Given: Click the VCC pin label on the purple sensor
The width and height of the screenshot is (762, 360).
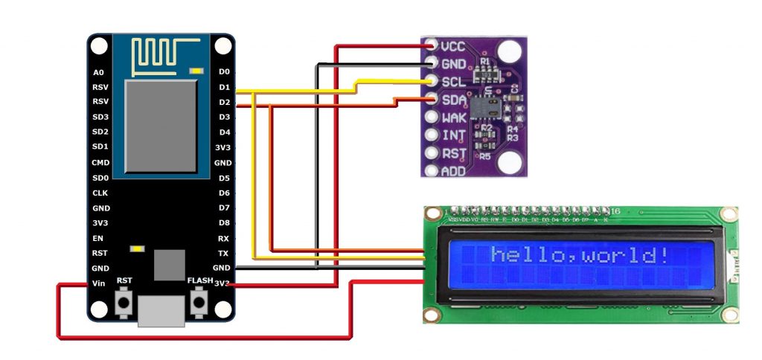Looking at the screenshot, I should [453, 46].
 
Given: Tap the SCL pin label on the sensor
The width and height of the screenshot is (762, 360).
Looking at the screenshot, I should [453, 82].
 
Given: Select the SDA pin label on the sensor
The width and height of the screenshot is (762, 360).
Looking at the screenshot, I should [454, 100].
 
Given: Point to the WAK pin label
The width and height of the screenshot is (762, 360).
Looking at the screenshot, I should [454, 118].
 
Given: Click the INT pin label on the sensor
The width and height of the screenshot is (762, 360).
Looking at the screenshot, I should [453, 135].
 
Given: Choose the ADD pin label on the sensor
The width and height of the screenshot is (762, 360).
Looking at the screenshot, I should [454, 171].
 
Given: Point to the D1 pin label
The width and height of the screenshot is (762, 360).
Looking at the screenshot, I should [224, 87].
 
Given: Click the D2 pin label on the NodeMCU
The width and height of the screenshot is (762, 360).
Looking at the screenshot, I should [224, 102].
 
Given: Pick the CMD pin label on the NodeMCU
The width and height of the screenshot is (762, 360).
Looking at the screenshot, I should [100, 162].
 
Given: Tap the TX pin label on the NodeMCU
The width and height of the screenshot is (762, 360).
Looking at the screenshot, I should [223, 254].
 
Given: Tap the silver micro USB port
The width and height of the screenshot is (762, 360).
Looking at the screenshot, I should [161, 311].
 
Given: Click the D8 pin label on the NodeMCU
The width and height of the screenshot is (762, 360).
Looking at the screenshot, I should [224, 223].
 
